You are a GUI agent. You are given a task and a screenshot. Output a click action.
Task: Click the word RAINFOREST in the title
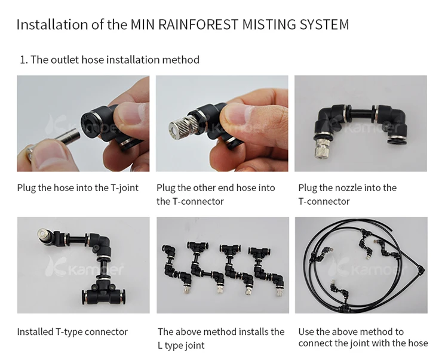tap(198, 24)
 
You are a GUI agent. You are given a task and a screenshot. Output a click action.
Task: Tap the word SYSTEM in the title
tap(324, 24)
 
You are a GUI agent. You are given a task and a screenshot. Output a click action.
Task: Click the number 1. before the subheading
tap(24, 60)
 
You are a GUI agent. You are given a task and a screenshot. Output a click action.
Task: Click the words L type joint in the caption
tap(181, 346)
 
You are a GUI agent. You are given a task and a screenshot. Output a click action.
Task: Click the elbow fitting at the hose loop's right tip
tap(421, 269)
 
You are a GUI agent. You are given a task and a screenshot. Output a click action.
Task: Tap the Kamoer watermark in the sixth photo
tap(366, 267)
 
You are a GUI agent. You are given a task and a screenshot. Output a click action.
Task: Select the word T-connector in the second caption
tap(198, 202)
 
